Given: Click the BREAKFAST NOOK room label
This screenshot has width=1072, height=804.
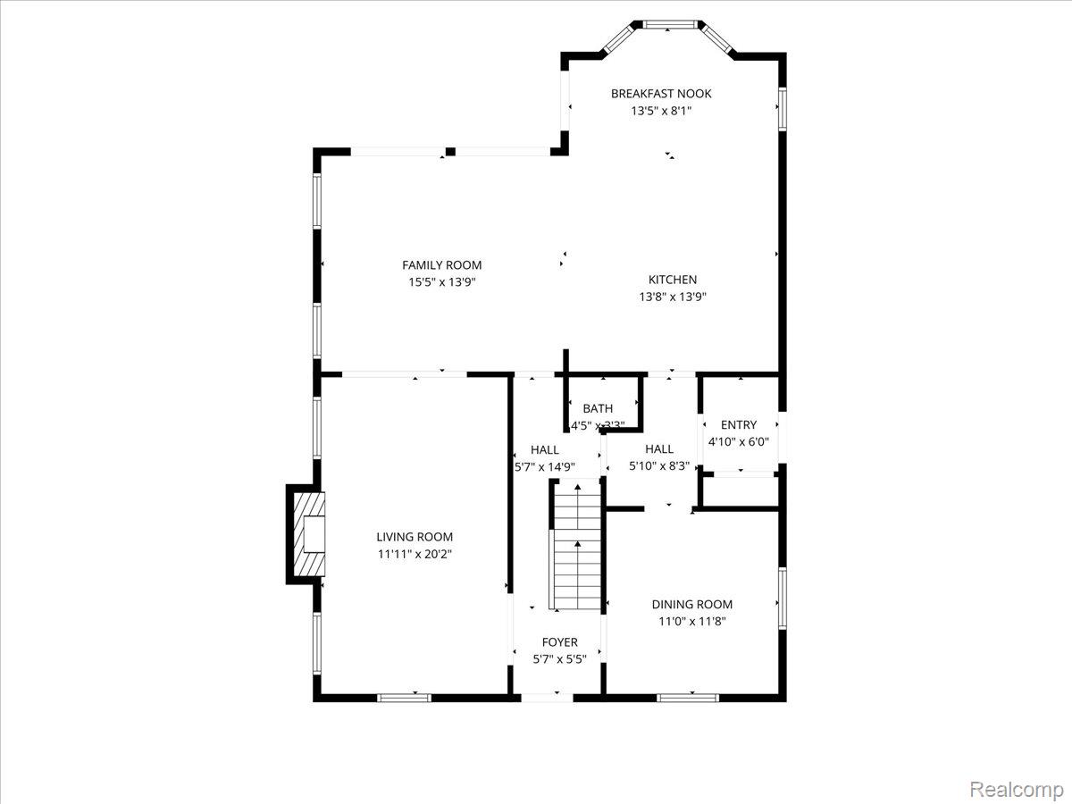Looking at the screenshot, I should click(661, 93).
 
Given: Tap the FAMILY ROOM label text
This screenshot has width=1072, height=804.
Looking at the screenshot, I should click(441, 265).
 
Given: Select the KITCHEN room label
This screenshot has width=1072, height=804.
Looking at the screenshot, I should click(673, 280).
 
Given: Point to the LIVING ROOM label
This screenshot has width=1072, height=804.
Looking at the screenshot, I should click(415, 537).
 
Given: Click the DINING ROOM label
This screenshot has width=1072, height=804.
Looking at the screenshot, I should click(692, 605).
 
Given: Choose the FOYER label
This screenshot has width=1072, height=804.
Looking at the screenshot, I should click(560, 642).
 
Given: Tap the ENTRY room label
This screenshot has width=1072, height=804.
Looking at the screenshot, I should click(739, 425).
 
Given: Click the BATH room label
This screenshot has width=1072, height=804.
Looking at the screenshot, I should click(598, 409).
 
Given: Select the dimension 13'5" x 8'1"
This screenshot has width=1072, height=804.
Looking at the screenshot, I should click(661, 112).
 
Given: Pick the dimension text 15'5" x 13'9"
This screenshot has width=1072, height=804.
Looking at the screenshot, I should click(441, 282).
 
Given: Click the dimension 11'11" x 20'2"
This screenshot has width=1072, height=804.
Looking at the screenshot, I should click(415, 554).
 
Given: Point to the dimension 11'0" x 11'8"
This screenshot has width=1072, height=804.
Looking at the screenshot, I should click(692, 622).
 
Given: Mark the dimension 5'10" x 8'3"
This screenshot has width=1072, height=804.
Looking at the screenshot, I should click(659, 465).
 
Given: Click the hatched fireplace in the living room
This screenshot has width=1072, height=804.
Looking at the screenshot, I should click(306, 535).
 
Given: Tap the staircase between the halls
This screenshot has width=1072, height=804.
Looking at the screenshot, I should click(576, 547).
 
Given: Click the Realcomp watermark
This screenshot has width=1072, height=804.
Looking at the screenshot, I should click(1017, 790).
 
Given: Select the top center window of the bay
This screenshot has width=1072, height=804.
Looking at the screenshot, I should click(669, 24).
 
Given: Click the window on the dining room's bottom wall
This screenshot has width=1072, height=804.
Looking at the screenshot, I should click(688, 697).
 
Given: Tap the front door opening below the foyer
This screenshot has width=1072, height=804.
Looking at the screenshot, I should click(547, 697).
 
